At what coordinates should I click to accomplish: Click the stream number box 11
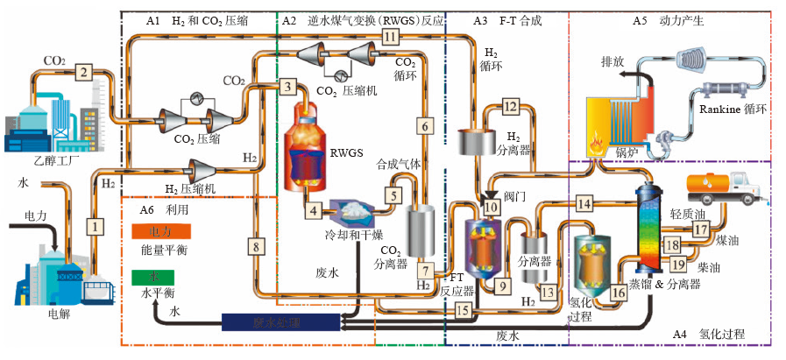pos(390,37)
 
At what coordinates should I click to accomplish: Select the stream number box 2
pos(83,72)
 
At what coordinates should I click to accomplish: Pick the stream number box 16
pos(619,295)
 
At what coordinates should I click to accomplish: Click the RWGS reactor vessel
pos(305,153)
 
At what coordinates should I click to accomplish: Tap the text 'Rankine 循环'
pos(733,109)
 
